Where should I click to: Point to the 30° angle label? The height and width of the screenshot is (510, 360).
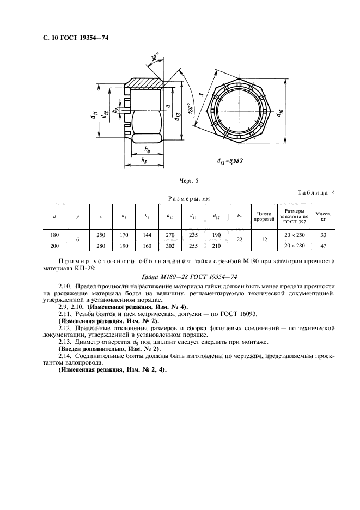click(155, 57)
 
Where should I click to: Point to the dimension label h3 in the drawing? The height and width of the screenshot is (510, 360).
click(144, 160)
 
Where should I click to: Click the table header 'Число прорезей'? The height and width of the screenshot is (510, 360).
click(264, 216)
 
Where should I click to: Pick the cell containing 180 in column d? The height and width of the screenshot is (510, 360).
click(54, 235)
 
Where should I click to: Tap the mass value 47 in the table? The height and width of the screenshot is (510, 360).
click(324, 246)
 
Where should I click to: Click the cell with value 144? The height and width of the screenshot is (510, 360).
click(147, 235)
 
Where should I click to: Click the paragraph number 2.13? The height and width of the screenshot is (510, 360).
click(64, 342)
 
